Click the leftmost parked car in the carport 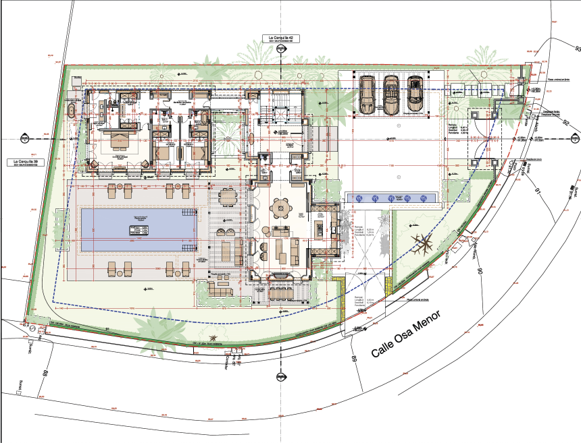[368, 94]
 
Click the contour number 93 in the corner [577, 49]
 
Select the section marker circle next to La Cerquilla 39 [24, 140]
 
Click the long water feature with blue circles [391, 198]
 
